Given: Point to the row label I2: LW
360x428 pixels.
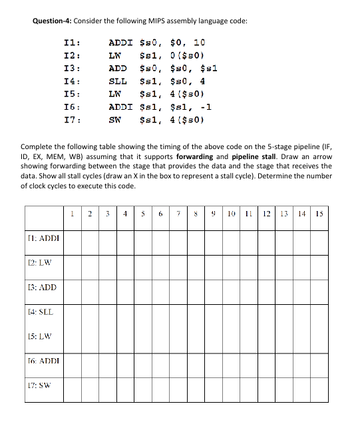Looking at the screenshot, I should (x=39, y=262).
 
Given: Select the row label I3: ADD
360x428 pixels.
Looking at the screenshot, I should (x=41, y=288).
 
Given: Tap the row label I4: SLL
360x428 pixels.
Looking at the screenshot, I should (x=40, y=312).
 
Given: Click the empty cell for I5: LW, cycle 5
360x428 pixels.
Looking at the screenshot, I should (x=142, y=336).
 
